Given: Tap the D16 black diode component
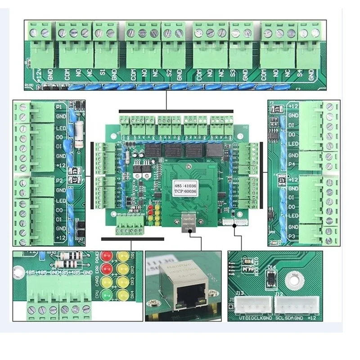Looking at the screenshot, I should pos(272,280).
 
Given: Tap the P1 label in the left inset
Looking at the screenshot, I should pos(59,107).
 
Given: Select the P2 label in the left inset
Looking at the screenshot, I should pos(59,180).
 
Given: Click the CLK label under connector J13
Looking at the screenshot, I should pos(255,319).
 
